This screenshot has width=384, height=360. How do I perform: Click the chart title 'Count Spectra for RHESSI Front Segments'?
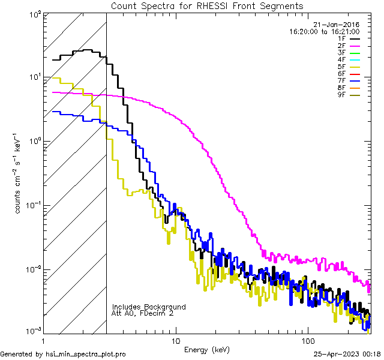tap(207, 5)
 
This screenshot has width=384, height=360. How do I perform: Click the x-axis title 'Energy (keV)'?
tap(207, 349)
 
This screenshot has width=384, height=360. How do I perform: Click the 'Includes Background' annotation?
tap(149, 307)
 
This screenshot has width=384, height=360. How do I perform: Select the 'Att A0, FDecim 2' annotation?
tap(143, 313)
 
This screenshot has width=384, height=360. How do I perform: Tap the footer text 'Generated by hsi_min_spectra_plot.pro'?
tap(63, 354)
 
